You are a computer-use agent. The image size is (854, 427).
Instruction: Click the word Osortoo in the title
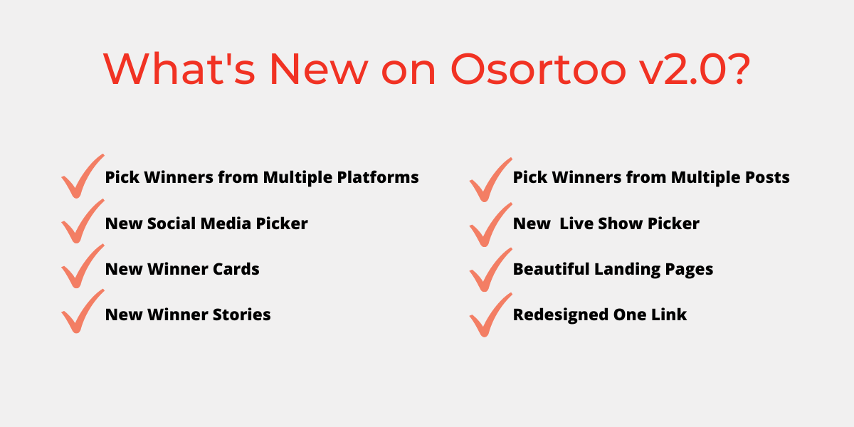[x=538, y=69]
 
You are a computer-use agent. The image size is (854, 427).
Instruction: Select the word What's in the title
[x=179, y=69]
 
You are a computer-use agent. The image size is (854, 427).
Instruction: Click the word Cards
[x=236, y=269]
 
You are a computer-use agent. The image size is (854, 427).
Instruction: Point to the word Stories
[x=241, y=315]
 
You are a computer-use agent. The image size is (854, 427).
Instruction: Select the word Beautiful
[x=552, y=269]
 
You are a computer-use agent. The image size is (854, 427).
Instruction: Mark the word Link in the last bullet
[x=669, y=315]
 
